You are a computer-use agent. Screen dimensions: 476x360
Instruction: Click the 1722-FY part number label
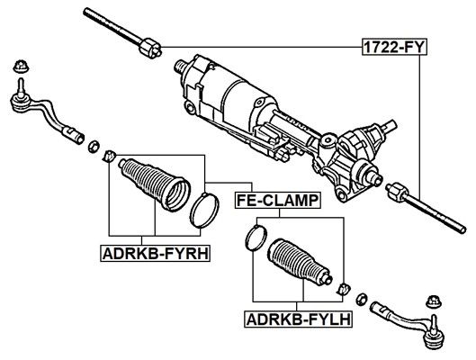coord(394,47)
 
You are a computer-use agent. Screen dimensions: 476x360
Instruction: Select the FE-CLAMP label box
coord(277,201)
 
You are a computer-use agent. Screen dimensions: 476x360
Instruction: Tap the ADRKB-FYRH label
coord(156,254)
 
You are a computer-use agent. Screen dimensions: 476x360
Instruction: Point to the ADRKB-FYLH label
coord(299,319)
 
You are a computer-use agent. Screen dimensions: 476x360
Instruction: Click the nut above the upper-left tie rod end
coord(21,67)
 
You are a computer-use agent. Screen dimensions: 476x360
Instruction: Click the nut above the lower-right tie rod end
coord(434,301)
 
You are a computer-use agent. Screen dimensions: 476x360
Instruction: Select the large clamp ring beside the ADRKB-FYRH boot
coord(204,211)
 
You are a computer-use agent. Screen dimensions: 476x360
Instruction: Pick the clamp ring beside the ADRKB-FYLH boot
coord(256,237)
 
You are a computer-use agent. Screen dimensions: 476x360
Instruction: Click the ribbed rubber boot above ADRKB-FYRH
coord(154,184)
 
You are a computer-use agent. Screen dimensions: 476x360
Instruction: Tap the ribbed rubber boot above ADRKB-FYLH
coord(300,263)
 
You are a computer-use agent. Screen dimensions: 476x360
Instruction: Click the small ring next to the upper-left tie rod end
coord(94,146)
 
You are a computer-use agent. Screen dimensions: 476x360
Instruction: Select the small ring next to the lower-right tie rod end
coord(362,300)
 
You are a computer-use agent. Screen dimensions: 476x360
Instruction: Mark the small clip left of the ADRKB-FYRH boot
coord(110,156)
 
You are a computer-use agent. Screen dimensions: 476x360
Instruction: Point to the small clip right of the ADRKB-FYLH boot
coord(344,289)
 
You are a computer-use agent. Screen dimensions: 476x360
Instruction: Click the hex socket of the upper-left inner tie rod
coord(150,49)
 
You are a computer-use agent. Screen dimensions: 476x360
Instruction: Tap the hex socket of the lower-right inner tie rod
coord(397,191)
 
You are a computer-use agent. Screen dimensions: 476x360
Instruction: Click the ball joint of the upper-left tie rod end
coord(22,103)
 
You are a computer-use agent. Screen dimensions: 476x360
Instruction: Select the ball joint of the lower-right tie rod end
coord(435,338)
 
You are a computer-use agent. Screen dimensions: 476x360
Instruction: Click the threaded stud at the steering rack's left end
coord(180,66)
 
